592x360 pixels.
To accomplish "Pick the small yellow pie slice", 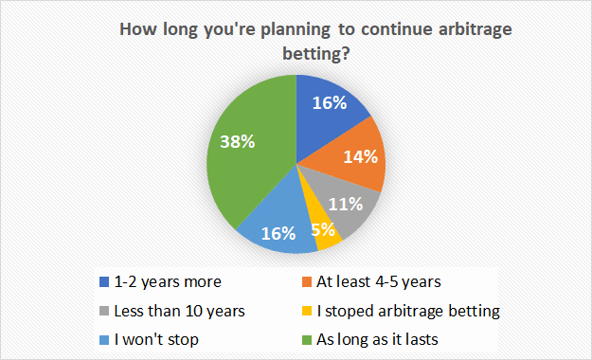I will click(325, 233).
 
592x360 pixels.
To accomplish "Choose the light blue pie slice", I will click(275, 227).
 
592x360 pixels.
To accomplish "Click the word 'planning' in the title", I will click(260, 30).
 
